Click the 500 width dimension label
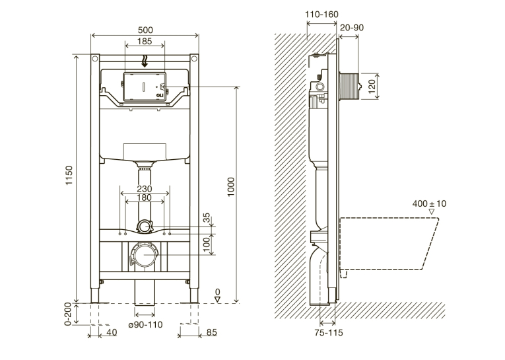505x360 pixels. (x=145, y=30)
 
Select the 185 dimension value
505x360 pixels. (x=145, y=41)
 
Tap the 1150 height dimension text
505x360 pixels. (x=69, y=175)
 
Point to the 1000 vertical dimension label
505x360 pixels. (x=231, y=188)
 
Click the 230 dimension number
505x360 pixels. (x=145, y=189)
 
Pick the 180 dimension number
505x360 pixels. (x=145, y=198)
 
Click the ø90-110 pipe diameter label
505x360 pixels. (x=146, y=324)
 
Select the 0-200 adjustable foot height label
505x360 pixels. (x=68, y=314)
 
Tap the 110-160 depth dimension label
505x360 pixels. (x=321, y=14)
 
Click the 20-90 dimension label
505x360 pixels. (x=352, y=27)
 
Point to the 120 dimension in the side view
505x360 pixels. (x=372, y=87)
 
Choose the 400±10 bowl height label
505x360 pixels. (x=429, y=203)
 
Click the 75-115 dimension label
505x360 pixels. (x=329, y=333)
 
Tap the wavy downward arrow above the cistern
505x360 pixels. (x=145, y=61)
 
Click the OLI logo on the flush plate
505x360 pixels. (x=160, y=95)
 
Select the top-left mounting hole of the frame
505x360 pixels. (x=95, y=59)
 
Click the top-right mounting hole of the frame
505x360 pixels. (x=194, y=59)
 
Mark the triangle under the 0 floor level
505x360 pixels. (x=218, y=299)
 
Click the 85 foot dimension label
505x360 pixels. (x=212, y=332)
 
